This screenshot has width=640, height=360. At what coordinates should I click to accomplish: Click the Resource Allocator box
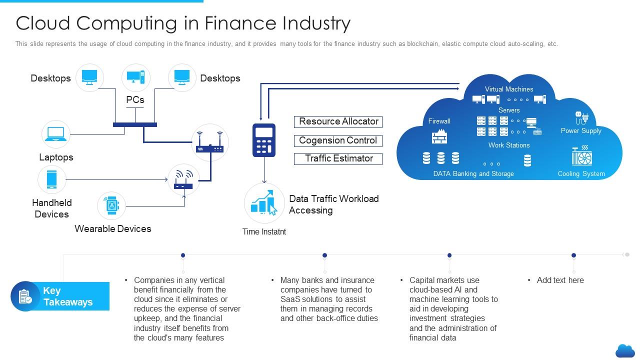tap(338, 121)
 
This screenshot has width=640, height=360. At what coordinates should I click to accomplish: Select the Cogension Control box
tap(338, 140)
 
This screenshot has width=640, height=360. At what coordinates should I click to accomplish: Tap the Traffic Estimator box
tap(338, 158)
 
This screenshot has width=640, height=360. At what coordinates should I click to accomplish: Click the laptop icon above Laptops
tap(55, 134)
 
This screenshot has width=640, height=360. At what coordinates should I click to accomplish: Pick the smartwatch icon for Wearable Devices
tap(111, 205)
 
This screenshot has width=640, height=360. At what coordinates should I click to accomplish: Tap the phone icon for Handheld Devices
tap(52, 179)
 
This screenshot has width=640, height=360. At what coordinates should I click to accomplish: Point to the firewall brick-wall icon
tap(439, 136)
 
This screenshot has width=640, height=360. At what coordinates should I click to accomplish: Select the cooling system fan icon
tap(581, 156)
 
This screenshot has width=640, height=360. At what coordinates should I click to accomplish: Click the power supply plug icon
tap(581, 118)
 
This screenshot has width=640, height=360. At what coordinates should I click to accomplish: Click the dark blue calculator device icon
tap(264, 140)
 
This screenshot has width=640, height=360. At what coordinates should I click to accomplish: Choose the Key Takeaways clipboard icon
tap(25, 296)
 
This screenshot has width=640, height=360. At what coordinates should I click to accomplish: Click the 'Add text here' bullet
tap(560, 280)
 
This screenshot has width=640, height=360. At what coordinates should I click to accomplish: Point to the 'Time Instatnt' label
tap(264, 231)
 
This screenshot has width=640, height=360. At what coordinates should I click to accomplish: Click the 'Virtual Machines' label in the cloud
tap(509, 89)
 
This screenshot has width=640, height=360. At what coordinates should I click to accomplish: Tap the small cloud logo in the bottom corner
tap(624, 350)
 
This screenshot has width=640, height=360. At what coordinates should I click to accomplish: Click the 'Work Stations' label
tap(509, 145)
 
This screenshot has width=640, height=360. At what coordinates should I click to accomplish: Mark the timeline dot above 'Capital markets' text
tap(449, 255)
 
